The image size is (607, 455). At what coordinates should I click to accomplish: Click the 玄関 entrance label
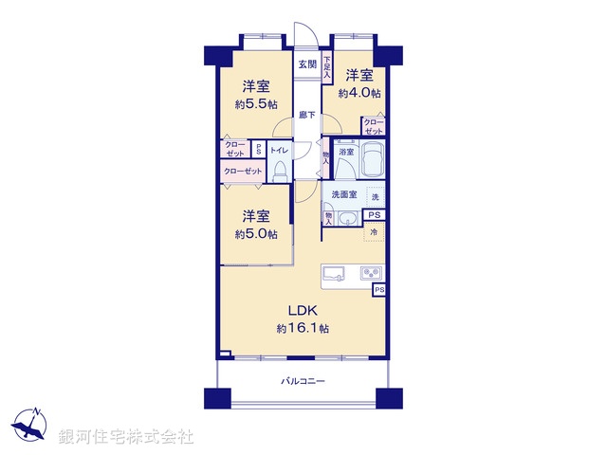click(307, 64)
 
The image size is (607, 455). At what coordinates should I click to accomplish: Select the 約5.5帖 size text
click(256, 104)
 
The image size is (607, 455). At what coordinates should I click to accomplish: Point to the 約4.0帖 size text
click(362, 93)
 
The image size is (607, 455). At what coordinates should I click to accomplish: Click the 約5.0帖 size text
click(257, 234)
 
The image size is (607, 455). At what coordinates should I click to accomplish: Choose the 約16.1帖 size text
click(303, 328)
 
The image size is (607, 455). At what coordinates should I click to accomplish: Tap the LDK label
click(303, 311)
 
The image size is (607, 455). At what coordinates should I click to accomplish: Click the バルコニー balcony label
click(303, 381)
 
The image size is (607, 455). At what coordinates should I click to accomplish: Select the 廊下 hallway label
click(307, 115)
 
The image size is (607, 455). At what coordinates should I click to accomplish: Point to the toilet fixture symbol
click(281, 171)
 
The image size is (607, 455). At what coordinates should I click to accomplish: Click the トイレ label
click(280, 151)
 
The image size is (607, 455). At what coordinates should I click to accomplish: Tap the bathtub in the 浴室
click(370, 160)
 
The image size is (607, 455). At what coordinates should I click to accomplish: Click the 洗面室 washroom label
click(344, 194)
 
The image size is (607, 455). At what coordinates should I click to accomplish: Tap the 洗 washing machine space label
click(376, 197)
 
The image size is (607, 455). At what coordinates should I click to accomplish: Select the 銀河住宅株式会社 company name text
click(126, 437)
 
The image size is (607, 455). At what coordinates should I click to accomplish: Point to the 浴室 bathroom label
click(347, 152)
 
